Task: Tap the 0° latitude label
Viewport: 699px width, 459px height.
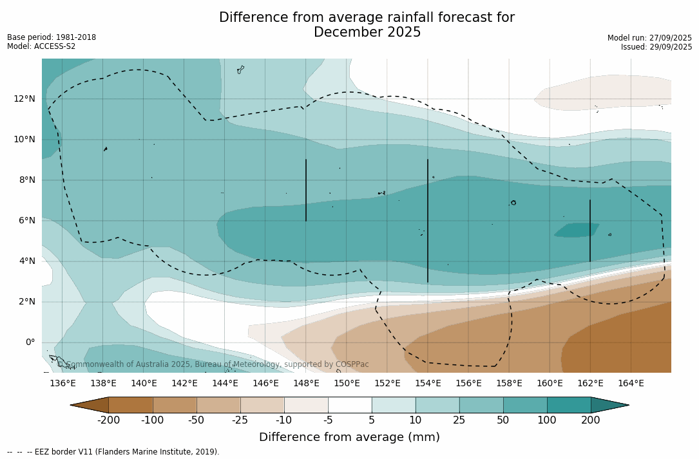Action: click(x=30, y=342)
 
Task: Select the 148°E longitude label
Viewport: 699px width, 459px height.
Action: click(x=306, y=384)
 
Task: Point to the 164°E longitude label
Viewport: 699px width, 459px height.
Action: click(x=631, y=384)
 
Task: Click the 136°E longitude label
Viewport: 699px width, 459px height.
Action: click(x=62, y=384)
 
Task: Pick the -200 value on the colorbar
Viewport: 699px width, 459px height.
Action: click(x=108, y=420)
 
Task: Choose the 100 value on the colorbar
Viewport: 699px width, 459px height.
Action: click(x=547, y=420)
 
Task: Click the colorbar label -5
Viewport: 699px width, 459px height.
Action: click(x=328, y=420)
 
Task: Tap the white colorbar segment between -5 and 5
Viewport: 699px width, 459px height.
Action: click(x=350, y=405)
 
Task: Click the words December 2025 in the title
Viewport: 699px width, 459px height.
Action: click(x=367, y=32)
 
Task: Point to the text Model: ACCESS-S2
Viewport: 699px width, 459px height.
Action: click(x=41, y=46)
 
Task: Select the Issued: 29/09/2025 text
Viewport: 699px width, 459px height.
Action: click(x=656, y=47)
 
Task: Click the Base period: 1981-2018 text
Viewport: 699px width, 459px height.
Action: click(x=52, y=37)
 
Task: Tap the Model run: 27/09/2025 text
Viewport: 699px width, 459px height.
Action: click(x=649, y=38)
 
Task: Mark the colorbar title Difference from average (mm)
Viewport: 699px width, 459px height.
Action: click(x=349, y=438)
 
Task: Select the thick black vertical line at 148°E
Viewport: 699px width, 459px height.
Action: click(x=306, y=190)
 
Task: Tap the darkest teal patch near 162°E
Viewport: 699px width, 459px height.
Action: click(x=575, y=230)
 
